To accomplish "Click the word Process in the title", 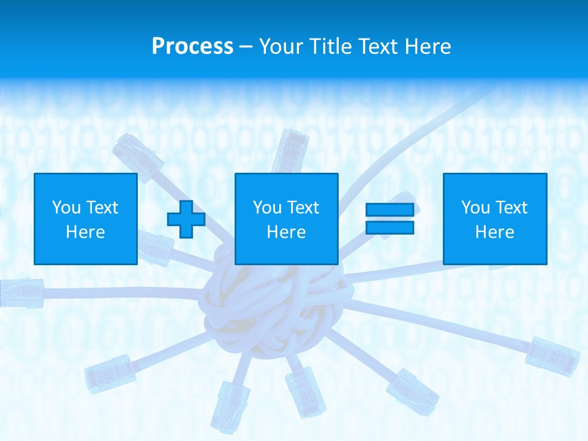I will (x=192, y=47).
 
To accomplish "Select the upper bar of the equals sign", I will (x=390, y=210).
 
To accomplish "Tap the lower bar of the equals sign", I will (x=390, y=228).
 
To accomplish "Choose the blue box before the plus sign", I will (x=86, y=219).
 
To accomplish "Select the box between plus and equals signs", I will (x=287, y=219).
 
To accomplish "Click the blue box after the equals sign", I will (x=495, y=219).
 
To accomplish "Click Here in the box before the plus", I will (x=86, y=232).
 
